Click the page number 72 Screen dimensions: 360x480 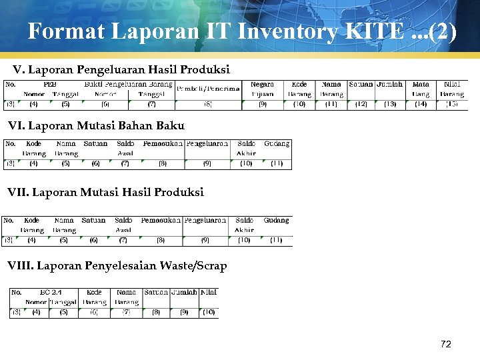coord(446,344)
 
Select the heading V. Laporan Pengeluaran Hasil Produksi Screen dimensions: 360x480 coord(121,69)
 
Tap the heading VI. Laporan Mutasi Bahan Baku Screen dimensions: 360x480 coord(96,125)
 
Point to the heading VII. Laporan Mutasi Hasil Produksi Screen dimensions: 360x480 coord(105,192)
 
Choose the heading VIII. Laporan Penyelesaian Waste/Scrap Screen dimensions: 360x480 coord(117,265)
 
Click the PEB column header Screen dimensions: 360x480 coord(50,85)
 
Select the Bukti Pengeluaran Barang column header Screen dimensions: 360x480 coord(128,85)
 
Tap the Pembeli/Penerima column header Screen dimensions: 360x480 coord(208,89)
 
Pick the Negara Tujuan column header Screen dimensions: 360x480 coord(262,89)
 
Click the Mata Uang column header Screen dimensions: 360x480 coord(421,89)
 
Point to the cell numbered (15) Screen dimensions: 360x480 coord(452,104)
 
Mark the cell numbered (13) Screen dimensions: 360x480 coord(389,104)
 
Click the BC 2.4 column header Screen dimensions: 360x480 coord(51,292)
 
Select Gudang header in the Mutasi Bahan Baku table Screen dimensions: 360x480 coord(277,143)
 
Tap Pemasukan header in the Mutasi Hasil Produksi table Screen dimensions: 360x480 coord(161,220)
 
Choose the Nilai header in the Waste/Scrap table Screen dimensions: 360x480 coord(209,292)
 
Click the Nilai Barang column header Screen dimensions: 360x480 coord(452,89)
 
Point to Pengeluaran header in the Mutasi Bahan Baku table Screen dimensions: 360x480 coord(207,143)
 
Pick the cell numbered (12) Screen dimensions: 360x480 coord(361,104)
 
